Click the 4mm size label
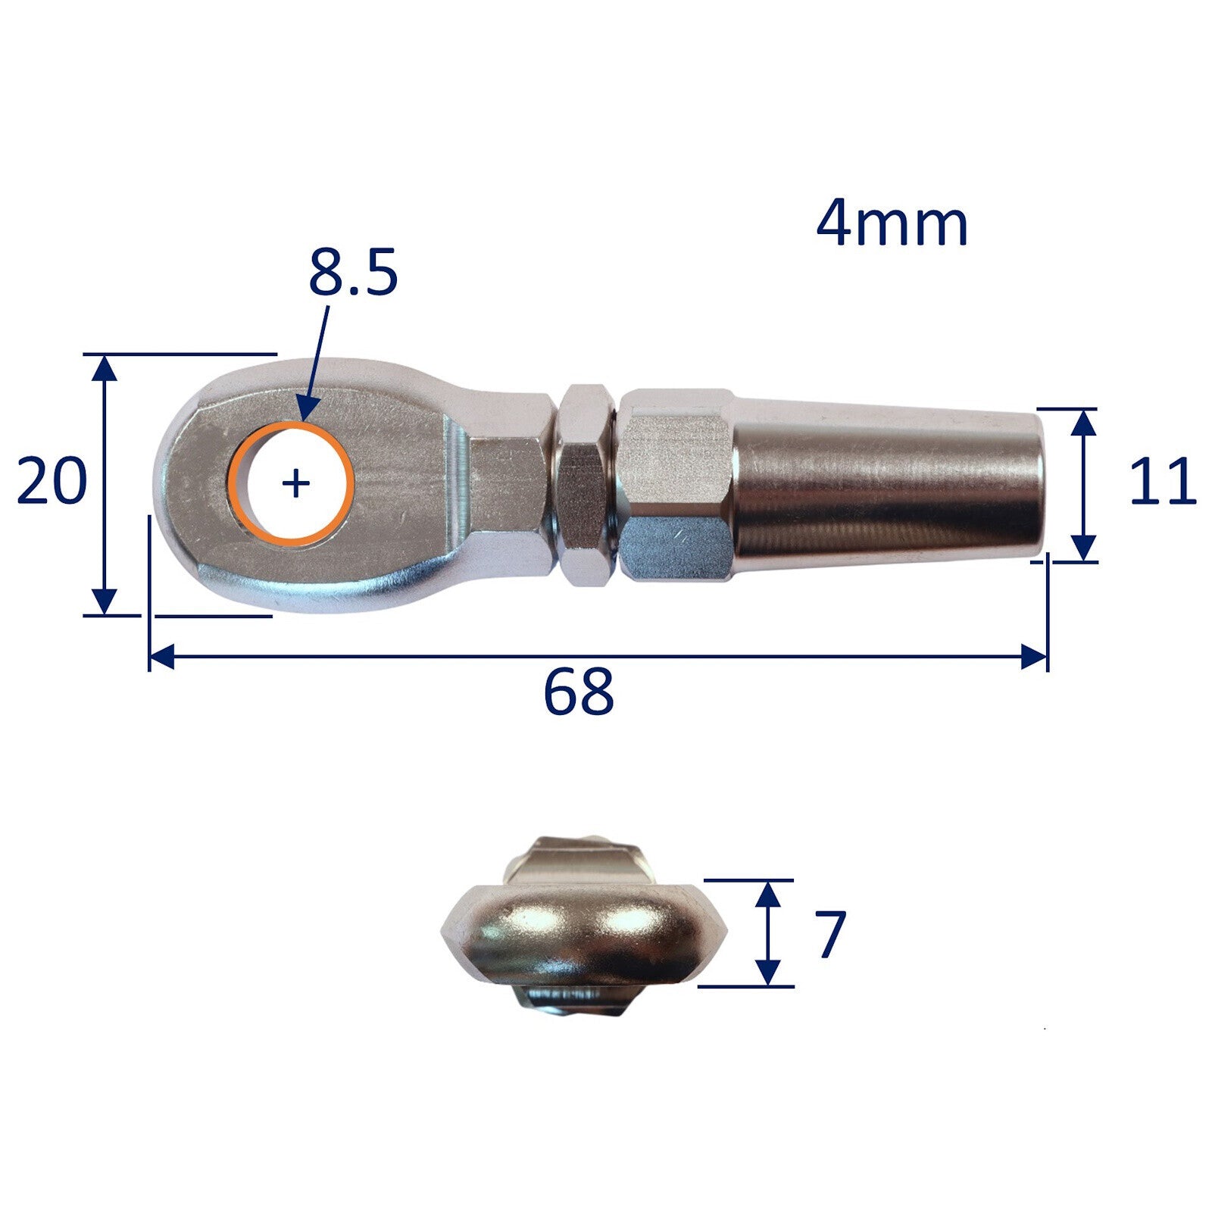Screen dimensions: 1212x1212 pyautogui.click(x=892, y=225)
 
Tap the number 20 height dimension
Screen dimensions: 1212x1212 pyautogui.click(x=52, y=481)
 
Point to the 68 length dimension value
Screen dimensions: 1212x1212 pyautogui.click(x=578, y=692)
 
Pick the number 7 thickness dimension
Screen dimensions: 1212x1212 pyautogui.click(x=829, y=935)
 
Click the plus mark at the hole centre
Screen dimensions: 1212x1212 pyautogui.click(x=295, y=483)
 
